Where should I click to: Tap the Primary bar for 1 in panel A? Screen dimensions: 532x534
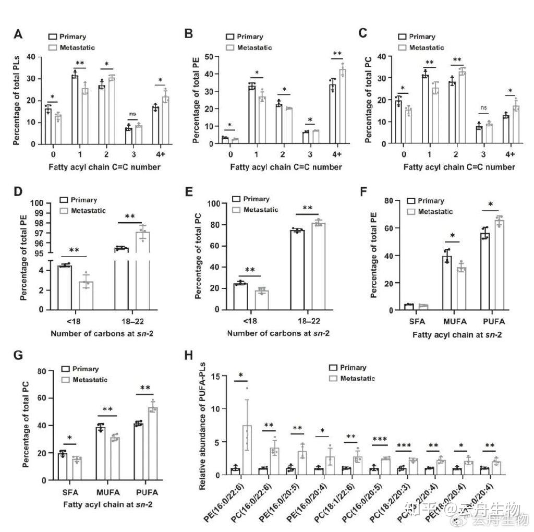click(75, 110)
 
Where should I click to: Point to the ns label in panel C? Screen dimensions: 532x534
click(484, 108)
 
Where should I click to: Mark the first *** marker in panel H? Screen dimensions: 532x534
click(380, 439)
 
